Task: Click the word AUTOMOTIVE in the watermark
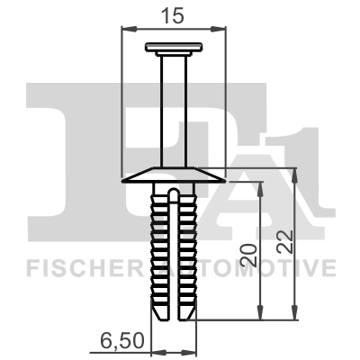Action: [261, 267]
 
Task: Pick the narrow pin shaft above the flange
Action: [173, 108]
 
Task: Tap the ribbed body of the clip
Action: [173, 252]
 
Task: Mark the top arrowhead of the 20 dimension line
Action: [260, 184]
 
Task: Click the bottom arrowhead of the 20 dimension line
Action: [260, 316]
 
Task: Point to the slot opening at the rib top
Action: [173, 193]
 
